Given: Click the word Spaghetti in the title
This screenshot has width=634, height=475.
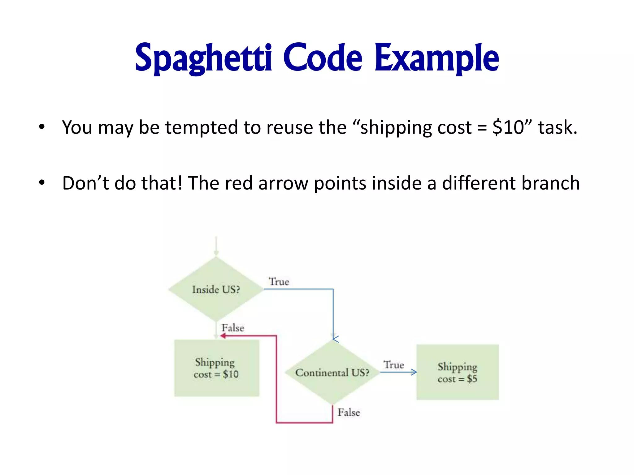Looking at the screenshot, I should [x=203, y=58].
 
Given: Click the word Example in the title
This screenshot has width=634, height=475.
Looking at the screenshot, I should [x=436, y=58].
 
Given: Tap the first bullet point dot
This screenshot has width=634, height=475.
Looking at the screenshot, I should [x=42, y=127].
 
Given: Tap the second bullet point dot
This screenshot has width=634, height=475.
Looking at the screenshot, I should [x=42, y=182].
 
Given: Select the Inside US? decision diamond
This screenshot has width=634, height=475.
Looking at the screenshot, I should [x=216, y=289].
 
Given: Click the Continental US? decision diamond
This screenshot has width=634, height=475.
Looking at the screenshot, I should [x=332, y=372].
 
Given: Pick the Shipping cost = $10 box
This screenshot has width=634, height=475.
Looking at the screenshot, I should [x=216, y=368].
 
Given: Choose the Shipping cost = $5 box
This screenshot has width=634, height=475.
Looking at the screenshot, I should [x=457, y=372].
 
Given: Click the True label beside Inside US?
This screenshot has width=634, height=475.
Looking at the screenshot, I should [x=279, y=281].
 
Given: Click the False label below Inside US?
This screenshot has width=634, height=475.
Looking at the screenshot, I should [x=233, y=328].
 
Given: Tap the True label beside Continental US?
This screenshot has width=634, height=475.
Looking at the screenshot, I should [x=393, y=365].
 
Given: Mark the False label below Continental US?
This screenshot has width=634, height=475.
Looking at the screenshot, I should [x=349, y=412].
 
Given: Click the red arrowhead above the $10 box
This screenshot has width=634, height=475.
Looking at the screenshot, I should [x=223, y=336].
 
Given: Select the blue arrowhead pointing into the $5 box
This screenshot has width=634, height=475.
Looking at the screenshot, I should [x=414, y=372].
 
